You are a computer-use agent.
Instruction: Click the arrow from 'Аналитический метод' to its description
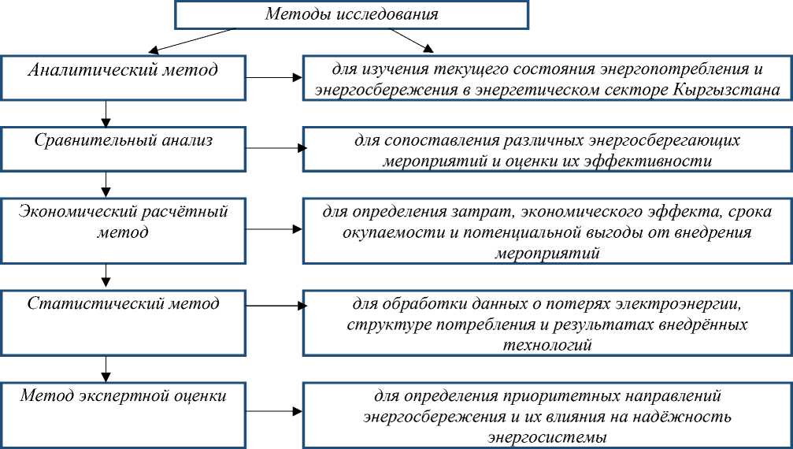[274, 78]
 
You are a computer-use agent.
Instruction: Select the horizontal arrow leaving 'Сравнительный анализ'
[274, 147]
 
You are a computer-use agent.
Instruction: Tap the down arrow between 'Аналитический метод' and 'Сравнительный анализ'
[106, 113]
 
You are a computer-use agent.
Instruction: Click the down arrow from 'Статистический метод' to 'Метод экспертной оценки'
[106, 366]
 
